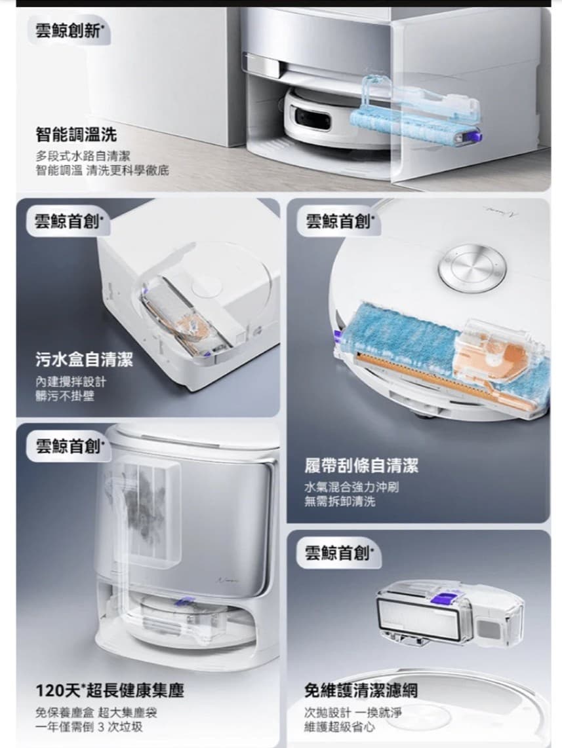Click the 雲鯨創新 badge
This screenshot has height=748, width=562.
(69, 31)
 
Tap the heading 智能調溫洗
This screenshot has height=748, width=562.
(76, 134)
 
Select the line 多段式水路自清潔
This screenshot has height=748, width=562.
(83, 156)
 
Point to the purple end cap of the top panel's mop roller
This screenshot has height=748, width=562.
(475, 137)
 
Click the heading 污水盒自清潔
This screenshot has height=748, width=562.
(84, 359)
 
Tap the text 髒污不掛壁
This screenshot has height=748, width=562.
(65, 396)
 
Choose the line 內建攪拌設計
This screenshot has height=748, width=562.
(71, 382)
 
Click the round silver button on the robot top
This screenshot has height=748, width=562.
(472, 267)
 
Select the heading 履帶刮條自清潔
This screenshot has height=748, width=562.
(361, 465)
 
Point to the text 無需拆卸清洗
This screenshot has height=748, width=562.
(340, 501)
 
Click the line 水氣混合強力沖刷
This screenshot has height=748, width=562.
(351, 487)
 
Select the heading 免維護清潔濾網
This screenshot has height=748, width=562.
(361, 690)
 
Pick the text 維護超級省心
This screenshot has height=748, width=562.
(340, 727)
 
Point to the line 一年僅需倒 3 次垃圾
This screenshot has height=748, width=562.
(89, 727)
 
